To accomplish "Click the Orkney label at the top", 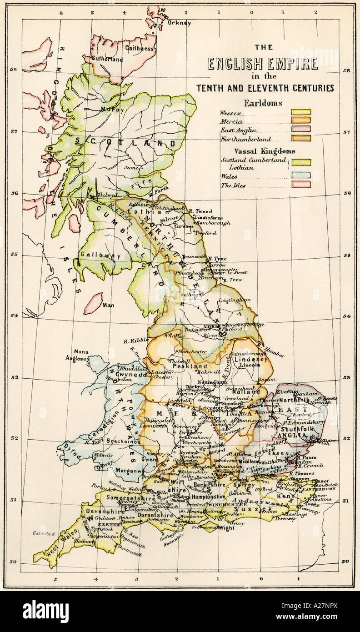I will (x=179, y=23).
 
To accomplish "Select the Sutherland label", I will (x=107, y=59).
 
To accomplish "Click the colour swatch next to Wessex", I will (x=301, y=112).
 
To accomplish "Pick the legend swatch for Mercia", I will (x=301, y=120).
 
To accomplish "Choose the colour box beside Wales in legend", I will (x=301, y=175).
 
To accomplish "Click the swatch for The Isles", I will (x=301, y=184).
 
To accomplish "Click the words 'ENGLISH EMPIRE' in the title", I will (x=263, y=64).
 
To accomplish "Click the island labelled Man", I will (x=93, y=303).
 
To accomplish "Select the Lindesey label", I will (x=246, y=359).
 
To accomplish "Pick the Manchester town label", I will (x=193, y=351).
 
